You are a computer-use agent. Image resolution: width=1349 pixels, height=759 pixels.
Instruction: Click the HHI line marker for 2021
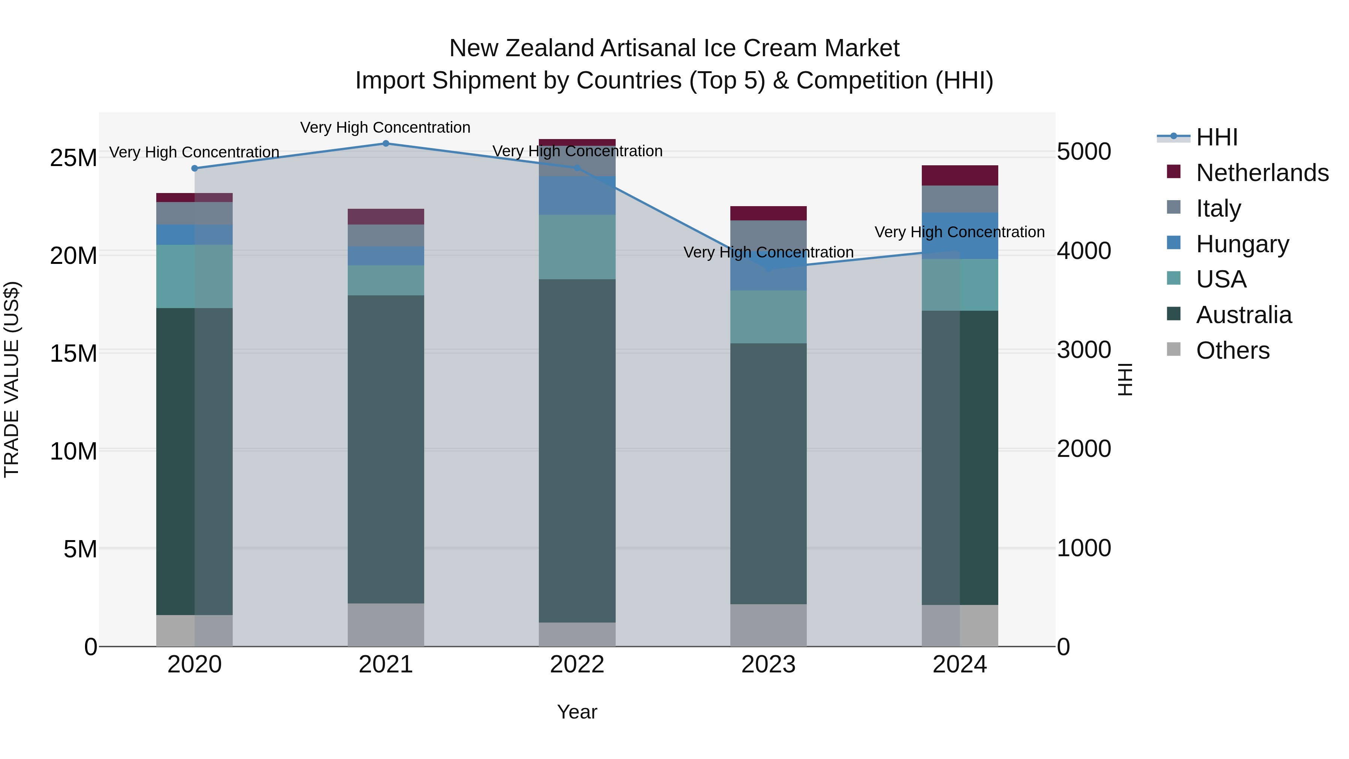[386, 143]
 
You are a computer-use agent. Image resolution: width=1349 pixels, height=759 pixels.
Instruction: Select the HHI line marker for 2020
[194, 168]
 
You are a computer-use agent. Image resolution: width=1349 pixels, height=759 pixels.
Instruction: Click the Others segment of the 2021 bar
[386, 625]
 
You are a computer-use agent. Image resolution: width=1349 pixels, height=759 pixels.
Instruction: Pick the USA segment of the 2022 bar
[577, 247]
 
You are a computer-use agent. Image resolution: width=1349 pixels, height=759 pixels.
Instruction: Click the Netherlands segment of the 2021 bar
[386, 216]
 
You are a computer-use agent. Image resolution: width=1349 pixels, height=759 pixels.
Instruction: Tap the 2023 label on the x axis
[768, 665]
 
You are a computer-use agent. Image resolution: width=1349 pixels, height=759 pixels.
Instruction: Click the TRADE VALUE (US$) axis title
[12, 379]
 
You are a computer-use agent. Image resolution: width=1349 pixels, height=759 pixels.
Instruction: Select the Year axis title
[577, 712]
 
